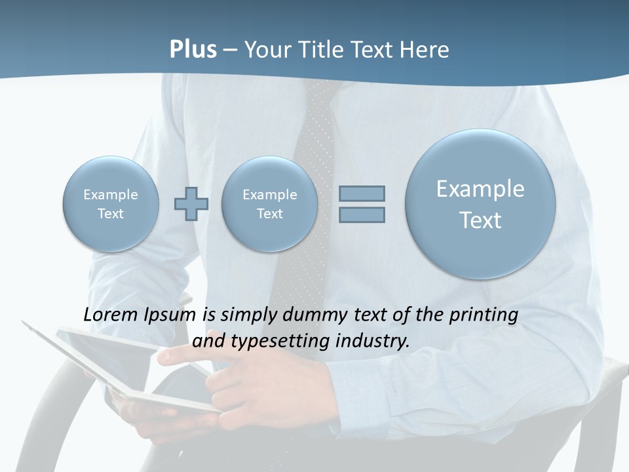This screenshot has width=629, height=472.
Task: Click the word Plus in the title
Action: pyautogui.click(x=193, y=50)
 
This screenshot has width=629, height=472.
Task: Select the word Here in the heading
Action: pyautogui.click(x=425, y=50)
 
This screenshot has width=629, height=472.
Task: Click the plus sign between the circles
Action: pyautogui.click(x=191, y=203)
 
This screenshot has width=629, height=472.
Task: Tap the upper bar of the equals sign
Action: pyautogui.click(x=362, y=193)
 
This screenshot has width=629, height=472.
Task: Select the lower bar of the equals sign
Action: pyautogui.click(x=362, y=214)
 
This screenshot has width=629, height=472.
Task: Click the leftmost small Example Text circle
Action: pyautogui.click(x=111, y=204)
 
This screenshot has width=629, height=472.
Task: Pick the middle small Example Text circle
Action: pyautogui.click(x=269, y=204)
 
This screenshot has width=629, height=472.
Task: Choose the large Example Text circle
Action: pyautogui.click(x=480, y=204)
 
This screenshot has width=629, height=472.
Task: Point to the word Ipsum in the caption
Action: pyautogui.click(x=171, y=315)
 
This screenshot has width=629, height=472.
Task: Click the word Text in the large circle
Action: pyautogui.click(x=480, y=220)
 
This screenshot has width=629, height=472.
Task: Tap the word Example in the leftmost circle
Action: pyautogui.click(x=111, y=195)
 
